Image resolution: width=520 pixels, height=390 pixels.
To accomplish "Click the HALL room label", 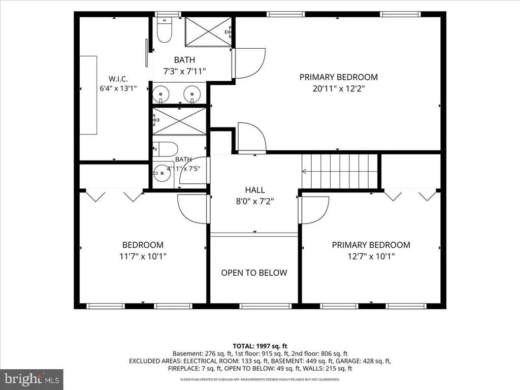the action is (255, 190).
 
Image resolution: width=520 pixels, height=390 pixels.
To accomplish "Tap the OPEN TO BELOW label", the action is (254, 273).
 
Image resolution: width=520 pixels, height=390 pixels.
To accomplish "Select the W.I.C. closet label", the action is (118, 79).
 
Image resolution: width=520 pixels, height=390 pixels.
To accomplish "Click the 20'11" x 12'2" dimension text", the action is (339, 88).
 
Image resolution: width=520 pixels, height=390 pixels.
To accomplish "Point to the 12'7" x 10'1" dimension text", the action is (371, 256).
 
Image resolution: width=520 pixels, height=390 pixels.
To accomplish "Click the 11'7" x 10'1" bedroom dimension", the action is (143, 256).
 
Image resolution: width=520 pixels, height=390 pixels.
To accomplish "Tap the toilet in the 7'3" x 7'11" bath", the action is (165, 30).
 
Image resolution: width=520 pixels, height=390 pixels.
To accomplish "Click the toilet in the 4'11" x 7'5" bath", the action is (166, 149).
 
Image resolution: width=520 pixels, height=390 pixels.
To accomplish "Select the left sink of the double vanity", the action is (161, 94).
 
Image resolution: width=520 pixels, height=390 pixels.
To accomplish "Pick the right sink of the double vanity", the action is (192, 94).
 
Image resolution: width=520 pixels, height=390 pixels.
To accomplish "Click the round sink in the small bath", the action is (161, 173).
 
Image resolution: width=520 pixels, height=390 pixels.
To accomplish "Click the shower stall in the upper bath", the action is (208, 32).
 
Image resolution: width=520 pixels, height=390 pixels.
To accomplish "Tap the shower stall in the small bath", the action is (179, 121).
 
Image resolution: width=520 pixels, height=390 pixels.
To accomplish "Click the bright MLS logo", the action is (31, 379).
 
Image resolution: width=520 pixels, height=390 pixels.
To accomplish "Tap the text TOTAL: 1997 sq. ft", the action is (260, 346).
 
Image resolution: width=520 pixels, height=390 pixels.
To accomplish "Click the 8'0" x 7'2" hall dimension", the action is (255, 201).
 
